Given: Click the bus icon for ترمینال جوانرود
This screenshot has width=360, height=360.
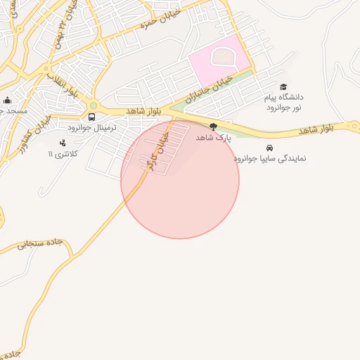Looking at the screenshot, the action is (x=92, y=117).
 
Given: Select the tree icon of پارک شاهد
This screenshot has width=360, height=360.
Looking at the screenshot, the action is (x=213, y=126).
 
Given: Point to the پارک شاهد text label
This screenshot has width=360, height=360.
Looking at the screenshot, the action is (x=213, y=139).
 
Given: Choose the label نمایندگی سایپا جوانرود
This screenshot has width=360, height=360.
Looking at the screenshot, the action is (x=270, y=160).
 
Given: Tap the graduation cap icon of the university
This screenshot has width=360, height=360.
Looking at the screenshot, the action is (x=283, y=86).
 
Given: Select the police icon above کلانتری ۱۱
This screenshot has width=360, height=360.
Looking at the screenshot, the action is (x=63, y=143).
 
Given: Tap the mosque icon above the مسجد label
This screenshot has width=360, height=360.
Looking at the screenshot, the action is (x=7, y=100).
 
